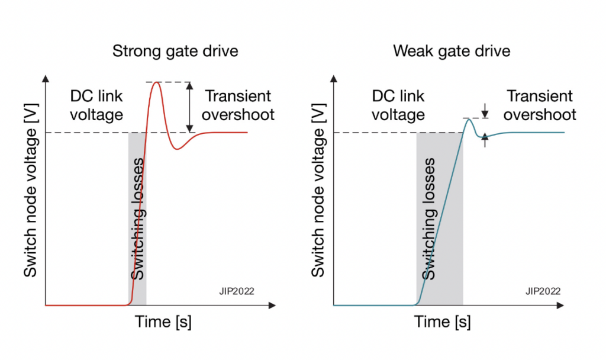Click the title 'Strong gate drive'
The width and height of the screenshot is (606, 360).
(175, 52)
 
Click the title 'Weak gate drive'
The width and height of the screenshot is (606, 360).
(452, 52)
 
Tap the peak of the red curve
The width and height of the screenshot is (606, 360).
(157, 82)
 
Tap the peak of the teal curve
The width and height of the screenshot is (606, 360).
(469, 120)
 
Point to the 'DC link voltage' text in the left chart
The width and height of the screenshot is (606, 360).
(96, 105)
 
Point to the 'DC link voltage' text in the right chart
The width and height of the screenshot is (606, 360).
(399, 105)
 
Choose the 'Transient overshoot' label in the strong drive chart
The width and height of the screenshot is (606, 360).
(239, 105)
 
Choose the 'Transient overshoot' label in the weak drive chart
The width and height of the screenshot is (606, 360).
(540, 105)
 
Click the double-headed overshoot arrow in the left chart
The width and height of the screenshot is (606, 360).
(189, 107)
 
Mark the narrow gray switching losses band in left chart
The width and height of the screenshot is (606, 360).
(137, 219)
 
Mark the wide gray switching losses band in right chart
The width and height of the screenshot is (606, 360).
(440, 219)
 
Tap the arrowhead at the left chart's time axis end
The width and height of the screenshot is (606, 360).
(272, 306)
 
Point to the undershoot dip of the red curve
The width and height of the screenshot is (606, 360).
(177, 149)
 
